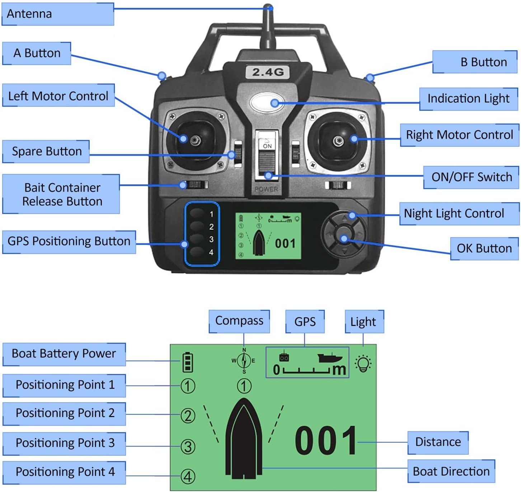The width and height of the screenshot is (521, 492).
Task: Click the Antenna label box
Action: point(58,14)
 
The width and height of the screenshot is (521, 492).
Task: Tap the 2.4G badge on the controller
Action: point(268,72)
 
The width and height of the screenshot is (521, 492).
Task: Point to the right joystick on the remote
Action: point(338,141)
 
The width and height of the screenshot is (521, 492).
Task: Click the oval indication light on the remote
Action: point(267,103)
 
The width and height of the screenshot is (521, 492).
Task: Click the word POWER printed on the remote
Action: point(266,189)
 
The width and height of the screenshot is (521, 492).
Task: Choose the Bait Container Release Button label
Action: point(61,194)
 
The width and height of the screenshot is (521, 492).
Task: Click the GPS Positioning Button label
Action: point(69,242)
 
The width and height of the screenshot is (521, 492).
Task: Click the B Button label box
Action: point(474,62)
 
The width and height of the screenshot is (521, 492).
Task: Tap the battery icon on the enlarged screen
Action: point(188,362)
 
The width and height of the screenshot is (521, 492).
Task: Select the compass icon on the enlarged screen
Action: point(244,360)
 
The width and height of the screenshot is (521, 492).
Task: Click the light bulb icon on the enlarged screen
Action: point(363,364)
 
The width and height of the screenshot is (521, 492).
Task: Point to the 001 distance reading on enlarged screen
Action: point(325,441)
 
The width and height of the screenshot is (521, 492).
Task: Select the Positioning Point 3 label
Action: point(64,443)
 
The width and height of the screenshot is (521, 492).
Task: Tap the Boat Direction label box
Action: point(451,471)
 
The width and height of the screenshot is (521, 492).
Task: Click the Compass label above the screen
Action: point(239,321)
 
